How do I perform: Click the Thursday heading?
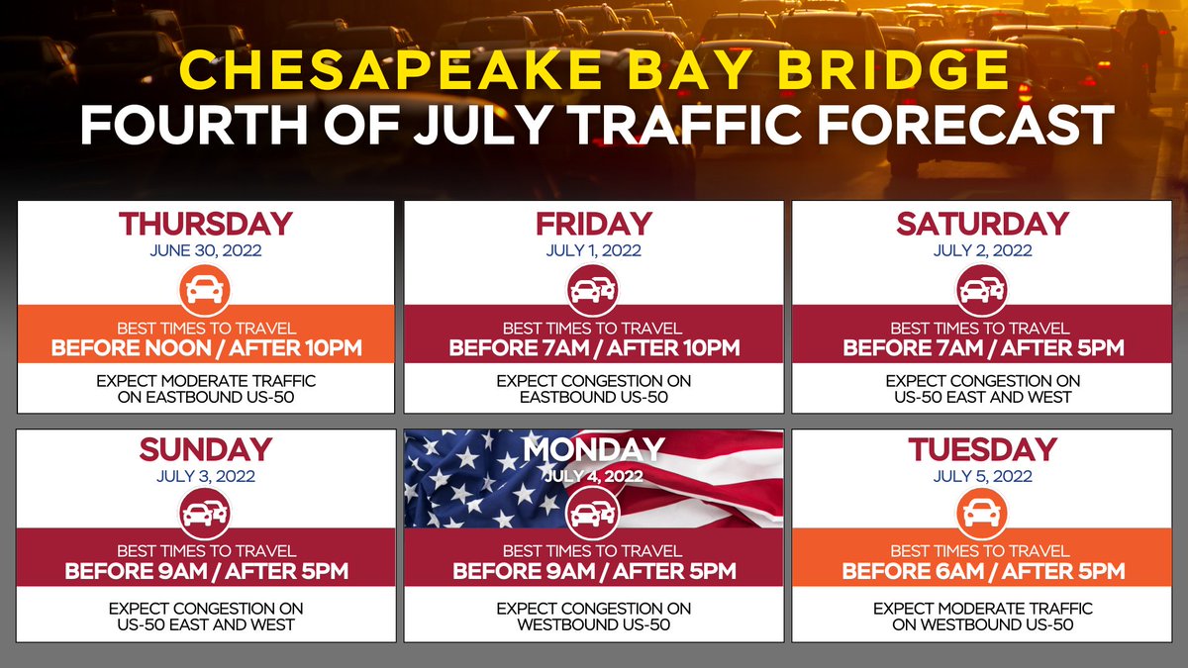point(205,224)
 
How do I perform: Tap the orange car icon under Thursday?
point(205,291)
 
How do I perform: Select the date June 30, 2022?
point(205,250)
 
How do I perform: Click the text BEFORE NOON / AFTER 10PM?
point(206,348)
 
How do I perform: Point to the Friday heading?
point(593,224)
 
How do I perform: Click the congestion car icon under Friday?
point(593,291)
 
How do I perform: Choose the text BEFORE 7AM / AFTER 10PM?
point(594,348)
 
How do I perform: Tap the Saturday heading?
point(982,224)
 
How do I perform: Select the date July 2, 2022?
point(982,250)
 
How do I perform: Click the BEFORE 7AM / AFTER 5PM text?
point(982,348)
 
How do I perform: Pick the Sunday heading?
point(205,449)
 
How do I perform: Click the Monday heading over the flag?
point(593,449)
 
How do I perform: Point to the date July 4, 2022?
point(593,476)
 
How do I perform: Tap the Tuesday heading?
point(982,449)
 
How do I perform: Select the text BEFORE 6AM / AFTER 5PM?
point(982,572)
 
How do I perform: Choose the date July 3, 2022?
point(205,476)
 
